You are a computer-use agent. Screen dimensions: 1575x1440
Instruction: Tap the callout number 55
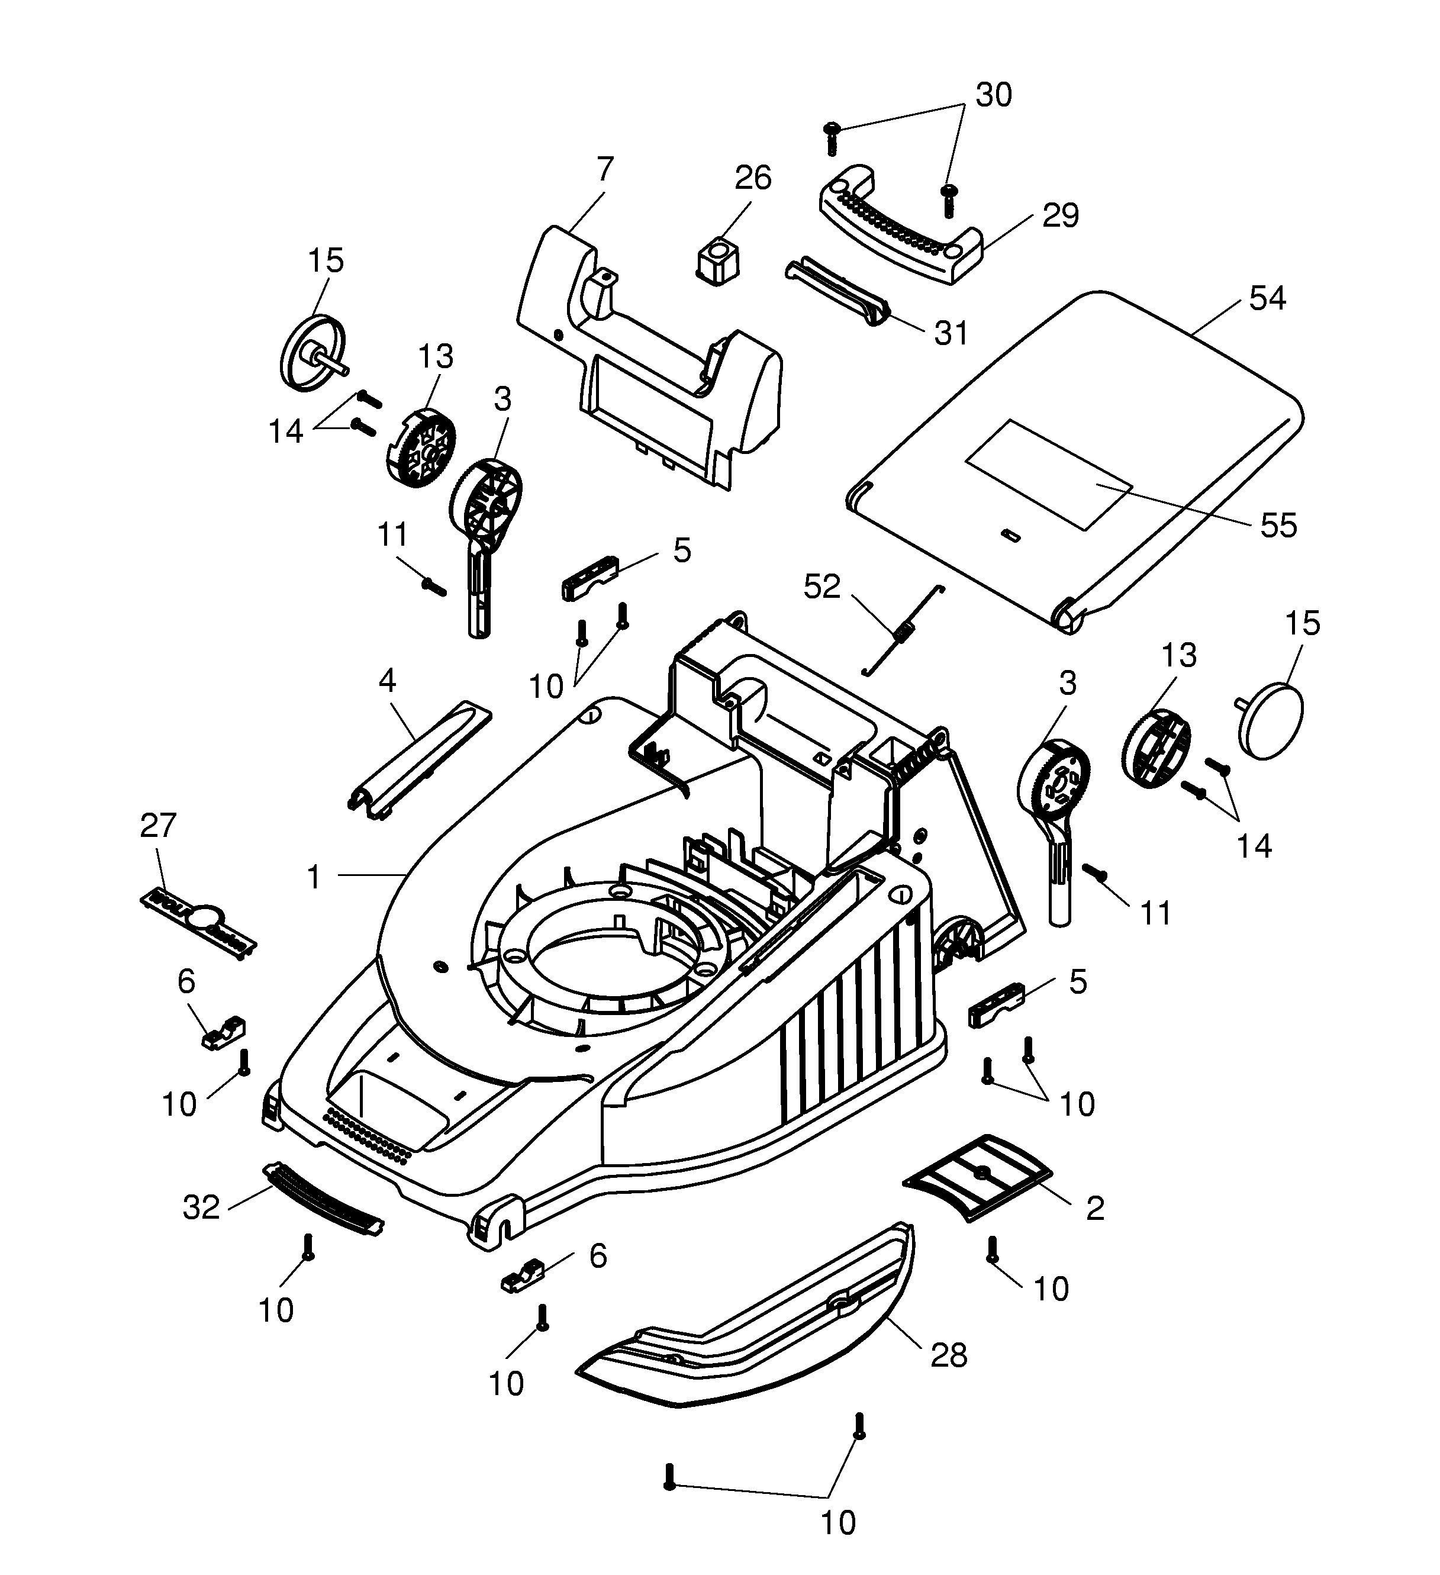(x=1278, y=526)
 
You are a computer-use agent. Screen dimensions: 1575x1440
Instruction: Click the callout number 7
(x=605, y=169)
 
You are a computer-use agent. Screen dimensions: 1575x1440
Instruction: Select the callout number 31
(x=951, y=334)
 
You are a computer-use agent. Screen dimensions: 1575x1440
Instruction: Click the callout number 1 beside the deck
(x=314, y=877)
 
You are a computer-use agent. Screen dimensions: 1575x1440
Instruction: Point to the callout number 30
(x=993, y=95)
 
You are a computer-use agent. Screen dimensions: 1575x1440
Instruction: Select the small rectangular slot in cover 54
(x=1010, y=534)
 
